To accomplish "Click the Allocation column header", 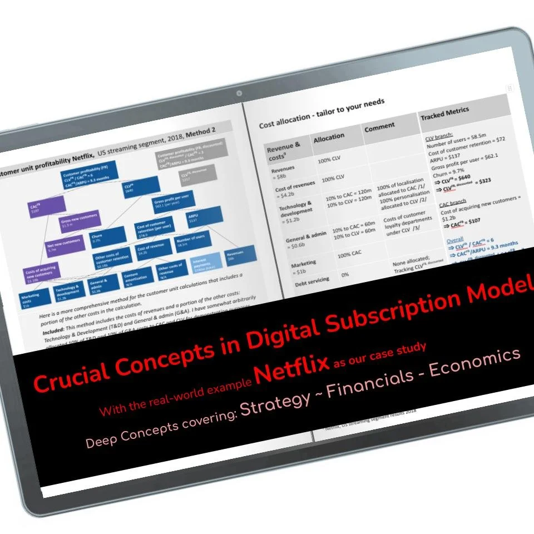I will point(329,136).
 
